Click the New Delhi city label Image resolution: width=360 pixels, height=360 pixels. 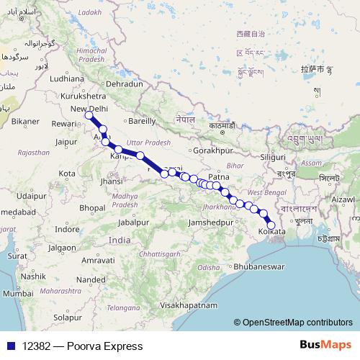click(88, 109)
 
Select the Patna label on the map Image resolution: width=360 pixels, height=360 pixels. click(218, 176)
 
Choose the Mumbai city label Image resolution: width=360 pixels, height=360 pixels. click(18, 293)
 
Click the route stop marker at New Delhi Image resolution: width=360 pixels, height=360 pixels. click(89, 115)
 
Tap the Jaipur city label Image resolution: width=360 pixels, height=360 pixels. click(66, 143)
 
